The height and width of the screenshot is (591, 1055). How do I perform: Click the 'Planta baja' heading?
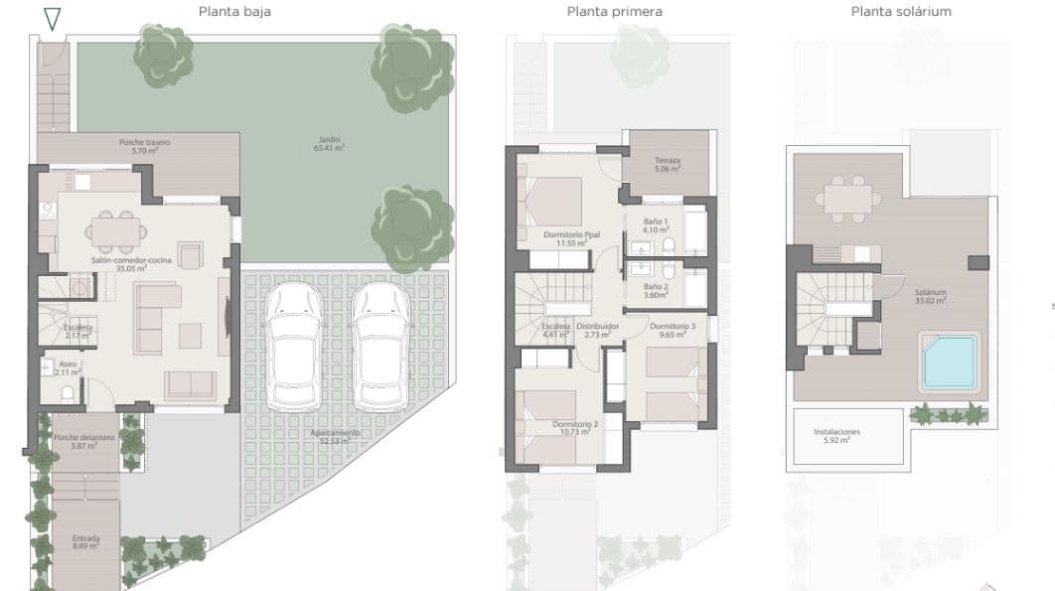(234, 12)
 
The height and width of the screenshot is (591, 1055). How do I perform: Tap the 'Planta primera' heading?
(614, 12)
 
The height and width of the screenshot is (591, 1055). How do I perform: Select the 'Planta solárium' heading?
(901, 12)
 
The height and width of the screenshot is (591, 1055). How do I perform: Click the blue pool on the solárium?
(950, 363)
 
